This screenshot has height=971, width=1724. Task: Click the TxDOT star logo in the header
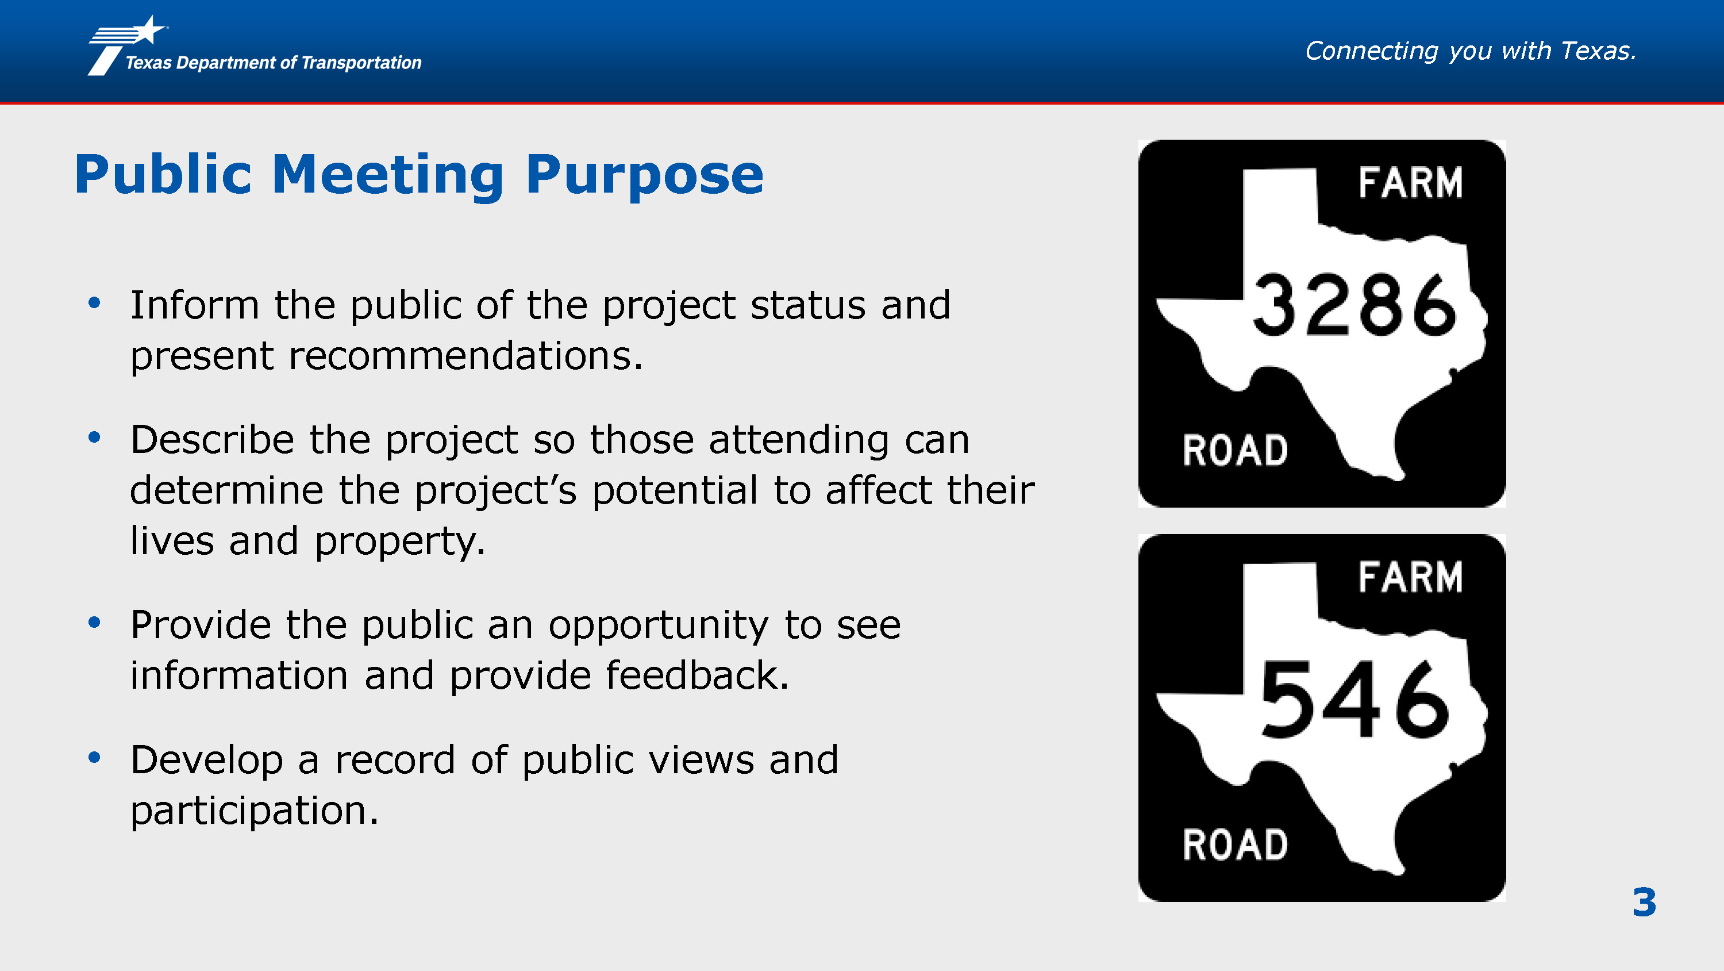point(127,45)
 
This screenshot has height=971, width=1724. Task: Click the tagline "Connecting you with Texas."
point(1471,52)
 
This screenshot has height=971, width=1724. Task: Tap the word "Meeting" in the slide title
point(387,175)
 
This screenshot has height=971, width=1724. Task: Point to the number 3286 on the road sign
point(1354,305)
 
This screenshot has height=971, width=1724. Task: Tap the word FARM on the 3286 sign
point(1411,183)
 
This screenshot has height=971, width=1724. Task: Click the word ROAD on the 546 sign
point(1236,845)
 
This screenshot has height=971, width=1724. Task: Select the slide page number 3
point(1644,902)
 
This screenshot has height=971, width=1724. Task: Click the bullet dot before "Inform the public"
point(94,303)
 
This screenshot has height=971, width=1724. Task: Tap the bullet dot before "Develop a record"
point(94,757)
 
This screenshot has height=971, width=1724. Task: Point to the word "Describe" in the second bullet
point(212,440)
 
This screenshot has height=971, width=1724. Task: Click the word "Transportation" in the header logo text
point(361,63)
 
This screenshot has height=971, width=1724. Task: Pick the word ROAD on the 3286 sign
point(1236,450)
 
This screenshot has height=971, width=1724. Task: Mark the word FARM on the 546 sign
point(1411,577)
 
